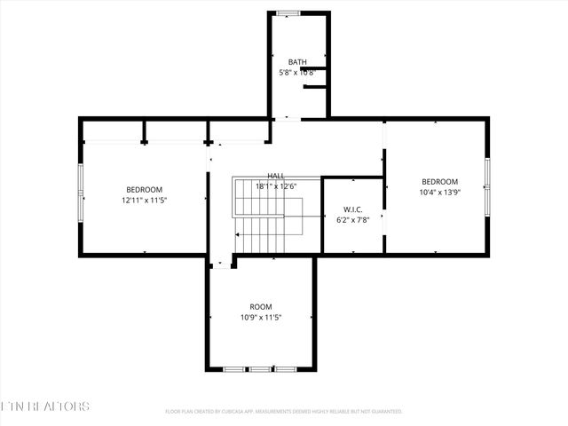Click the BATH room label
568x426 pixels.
[297, 62]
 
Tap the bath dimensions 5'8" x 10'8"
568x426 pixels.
[297, 72]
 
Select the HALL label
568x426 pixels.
[276, 177]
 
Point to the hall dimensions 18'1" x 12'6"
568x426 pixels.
[276, 186]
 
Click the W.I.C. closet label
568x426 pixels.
[352, 210]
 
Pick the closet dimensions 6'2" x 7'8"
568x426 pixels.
[352, 220]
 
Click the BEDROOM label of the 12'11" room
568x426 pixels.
[144, 190]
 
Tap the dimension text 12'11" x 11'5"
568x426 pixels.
[144, 200]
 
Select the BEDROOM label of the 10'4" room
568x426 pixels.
[439, 182]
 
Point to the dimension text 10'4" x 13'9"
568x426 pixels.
[439, 192]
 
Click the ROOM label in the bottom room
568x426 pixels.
[260, 307]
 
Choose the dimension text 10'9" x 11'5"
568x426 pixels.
[260, 317]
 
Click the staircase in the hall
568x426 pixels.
[266, 217]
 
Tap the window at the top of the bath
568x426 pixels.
[287, 13]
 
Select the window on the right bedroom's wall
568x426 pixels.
[486, 185]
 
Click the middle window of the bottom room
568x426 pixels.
[260, 368]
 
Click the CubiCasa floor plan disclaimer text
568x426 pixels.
[284, 412]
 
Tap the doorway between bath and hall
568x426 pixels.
[287, 118]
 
